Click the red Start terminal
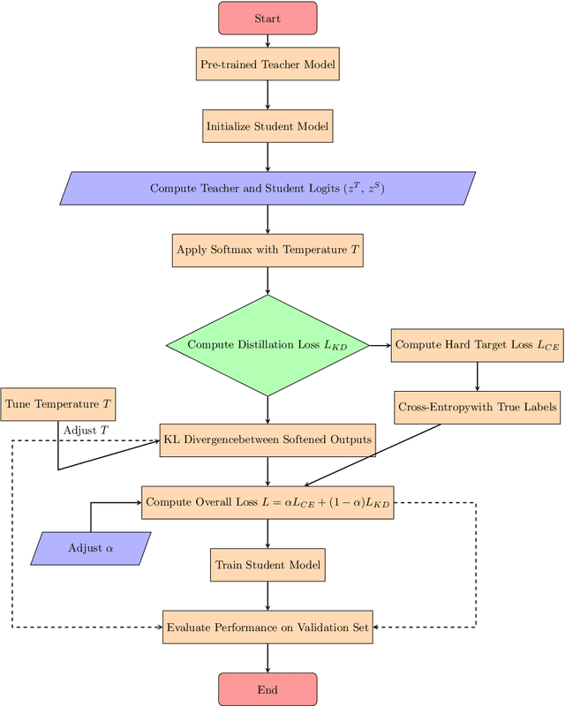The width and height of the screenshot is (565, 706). point(267,18)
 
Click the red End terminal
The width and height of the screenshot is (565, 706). point(267,689)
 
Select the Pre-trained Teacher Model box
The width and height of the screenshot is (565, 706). point(267,64)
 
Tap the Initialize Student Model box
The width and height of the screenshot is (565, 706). point(267,126)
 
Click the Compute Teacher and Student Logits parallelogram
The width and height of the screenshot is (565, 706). point(267,188)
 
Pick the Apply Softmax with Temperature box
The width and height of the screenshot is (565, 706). point(267,250)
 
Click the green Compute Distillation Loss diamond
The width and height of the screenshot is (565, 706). point(267,345)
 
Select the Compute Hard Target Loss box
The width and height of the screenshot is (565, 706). point(477,345)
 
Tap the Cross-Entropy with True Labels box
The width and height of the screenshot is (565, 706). point(477,407)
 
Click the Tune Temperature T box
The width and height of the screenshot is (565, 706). point(58,403)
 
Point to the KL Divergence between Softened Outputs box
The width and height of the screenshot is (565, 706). point(267,439)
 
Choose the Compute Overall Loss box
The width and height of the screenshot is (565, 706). point(267,502)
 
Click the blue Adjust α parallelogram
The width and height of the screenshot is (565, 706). point(91,548)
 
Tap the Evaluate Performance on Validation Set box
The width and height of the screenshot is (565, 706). point(267,627)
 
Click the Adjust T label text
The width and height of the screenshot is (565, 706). point(85,430)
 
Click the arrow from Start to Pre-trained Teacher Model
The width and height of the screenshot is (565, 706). point(267,40)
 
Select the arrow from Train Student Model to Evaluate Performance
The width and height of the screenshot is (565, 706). point(267,596)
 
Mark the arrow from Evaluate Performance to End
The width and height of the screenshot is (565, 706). point(267,658)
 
